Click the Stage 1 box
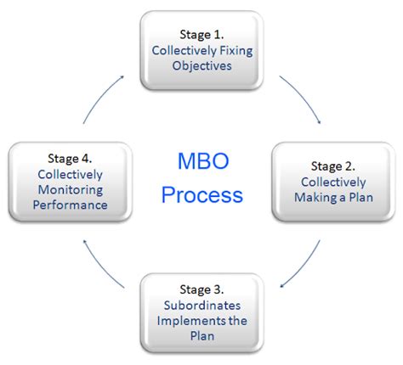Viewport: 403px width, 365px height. pyautogui.click(x=201, y=51)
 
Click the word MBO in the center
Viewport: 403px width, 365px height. pyautogui.click(x=202, y=160)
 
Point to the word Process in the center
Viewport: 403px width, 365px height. pyautogui.click(x=202, y=194)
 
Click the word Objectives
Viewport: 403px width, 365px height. pyautogui.click(x=202, y=66)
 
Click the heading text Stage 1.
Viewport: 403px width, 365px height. pyautogui.click(x=201, y=34)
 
